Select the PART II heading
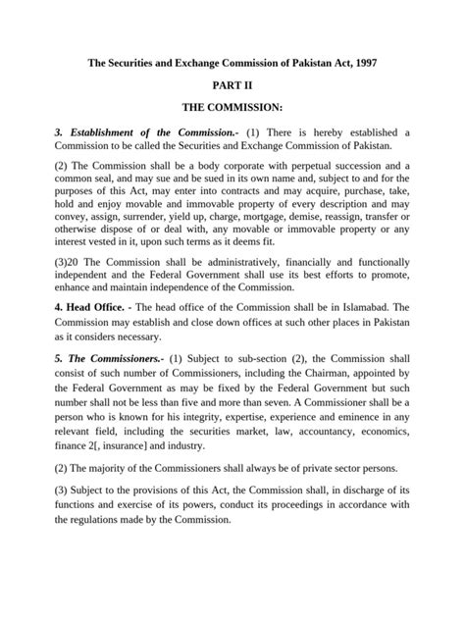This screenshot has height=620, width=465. coord(232,86)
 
